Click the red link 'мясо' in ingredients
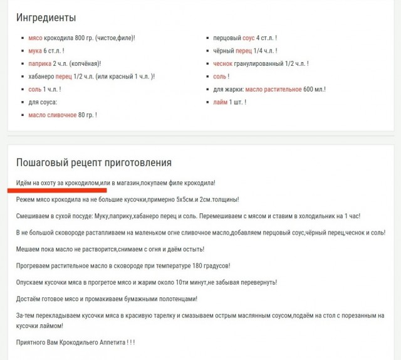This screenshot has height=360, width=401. pos(35,38)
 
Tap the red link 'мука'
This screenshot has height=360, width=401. pos(35,51)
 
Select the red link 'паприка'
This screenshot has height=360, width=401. pos(39,63)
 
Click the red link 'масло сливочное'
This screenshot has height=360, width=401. pos(53,115)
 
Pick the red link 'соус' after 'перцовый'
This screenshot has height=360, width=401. pos(248,38)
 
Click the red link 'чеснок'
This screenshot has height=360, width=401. pos(223,63)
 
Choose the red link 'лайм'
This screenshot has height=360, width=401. pos(220,102)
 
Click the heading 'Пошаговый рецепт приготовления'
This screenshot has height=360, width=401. pos(94,162)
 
